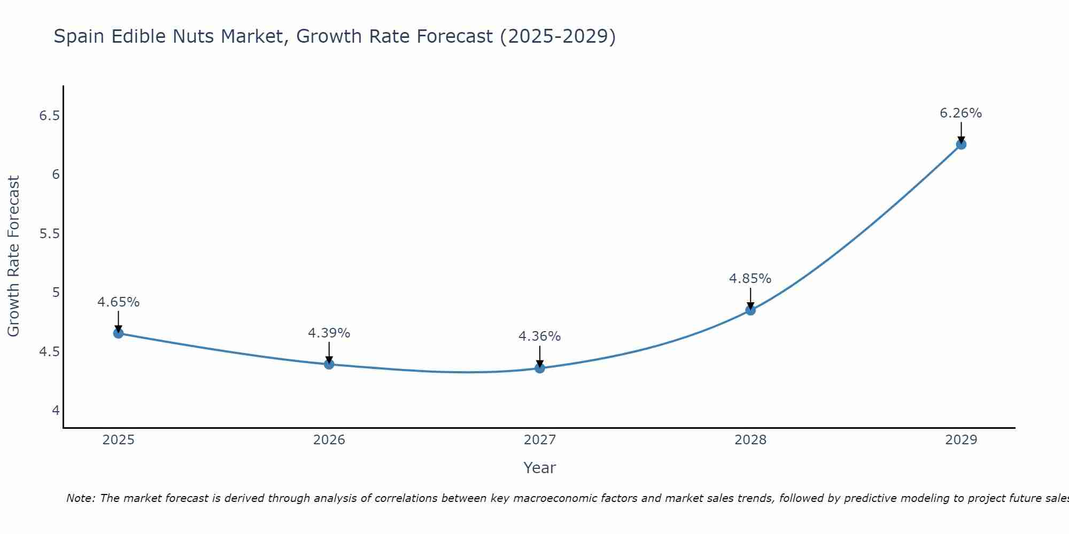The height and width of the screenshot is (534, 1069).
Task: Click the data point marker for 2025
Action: (x=118, y=333)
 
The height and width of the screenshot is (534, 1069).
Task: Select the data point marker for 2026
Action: (x=329, y=364)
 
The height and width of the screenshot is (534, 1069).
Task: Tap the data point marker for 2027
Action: (x=540, y=368)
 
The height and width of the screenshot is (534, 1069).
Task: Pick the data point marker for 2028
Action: (x=750, y=310)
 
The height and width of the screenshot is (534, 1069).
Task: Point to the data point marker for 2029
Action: (x=961, y=144)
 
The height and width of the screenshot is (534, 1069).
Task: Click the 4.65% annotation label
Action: (x=118, y=302)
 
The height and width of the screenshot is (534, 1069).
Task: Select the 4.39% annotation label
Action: (x=329, y=333)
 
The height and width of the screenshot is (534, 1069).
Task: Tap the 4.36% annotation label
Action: (x=540, y=336)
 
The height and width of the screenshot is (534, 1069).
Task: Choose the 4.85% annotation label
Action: (x=750, y=279)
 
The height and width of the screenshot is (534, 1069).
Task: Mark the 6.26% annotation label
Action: (x=961, y=113)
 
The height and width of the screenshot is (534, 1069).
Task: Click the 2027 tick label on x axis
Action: (x=540, y=440)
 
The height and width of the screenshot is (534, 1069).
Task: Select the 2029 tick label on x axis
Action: (x=961, y=440)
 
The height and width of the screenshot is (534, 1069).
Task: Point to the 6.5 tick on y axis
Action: (x=49, y=115)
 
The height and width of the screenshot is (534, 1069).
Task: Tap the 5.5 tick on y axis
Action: (x=49, y=234)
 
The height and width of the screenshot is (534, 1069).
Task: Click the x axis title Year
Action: (x=540, y=468)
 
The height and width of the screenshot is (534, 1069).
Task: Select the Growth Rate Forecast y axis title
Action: (x=13, y=256)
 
